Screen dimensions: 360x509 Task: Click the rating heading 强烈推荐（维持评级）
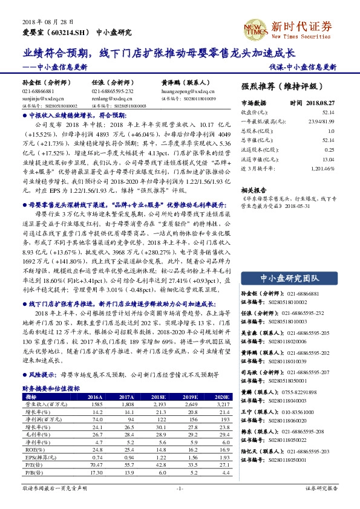pyautogui.click(x=278, y=86)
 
